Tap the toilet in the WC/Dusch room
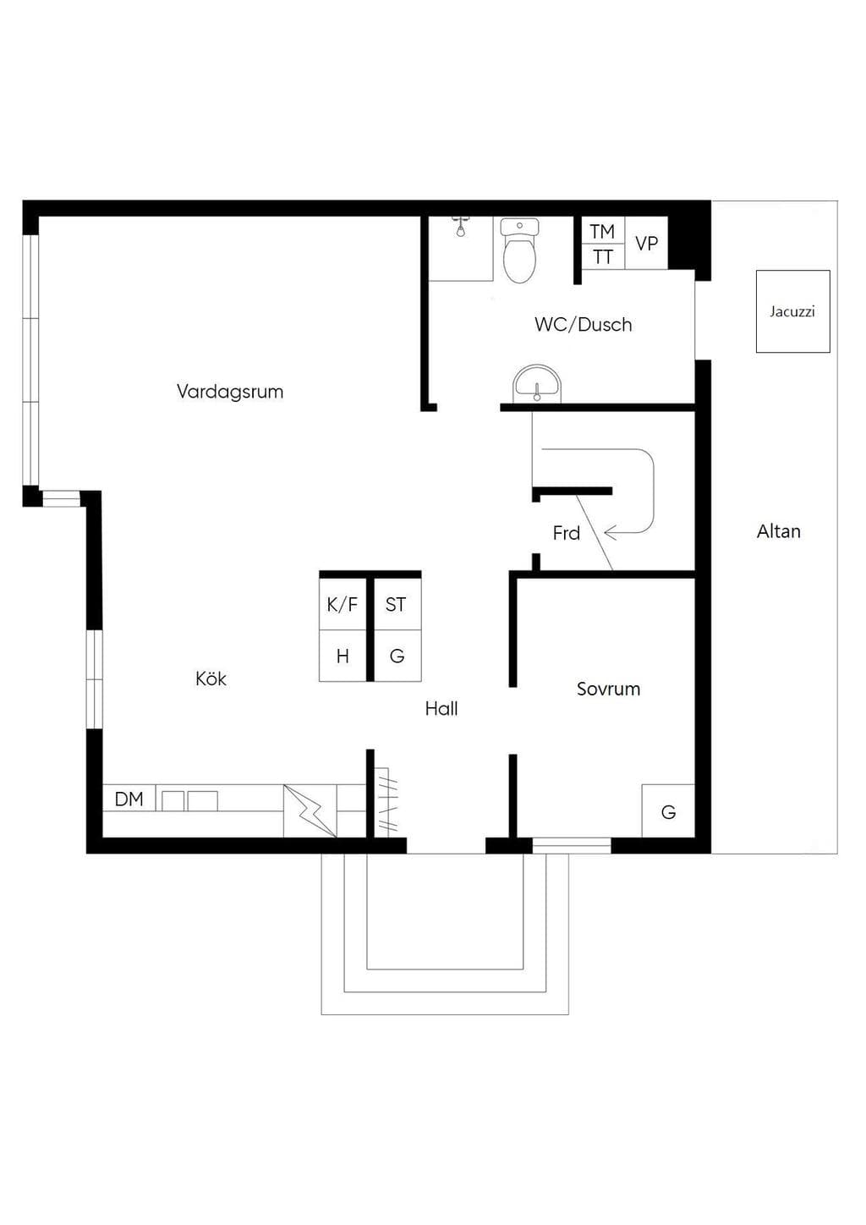point(518,250)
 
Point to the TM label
point(602,231)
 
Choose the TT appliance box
point(603,257)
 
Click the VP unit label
point(646,244)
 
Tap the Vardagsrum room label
point(230,392)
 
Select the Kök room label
point(211,678)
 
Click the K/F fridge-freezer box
point(343,604)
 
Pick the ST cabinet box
point(397,604)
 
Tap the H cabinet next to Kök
point(343,656)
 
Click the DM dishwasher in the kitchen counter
point(129,799)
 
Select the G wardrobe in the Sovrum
point(668,810)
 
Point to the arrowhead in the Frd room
point(611,532)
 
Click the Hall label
point(441,709)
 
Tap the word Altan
point(779,531)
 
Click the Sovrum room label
point(609,689)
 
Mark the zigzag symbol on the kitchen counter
point(310,810)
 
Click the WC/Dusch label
point(584,324)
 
